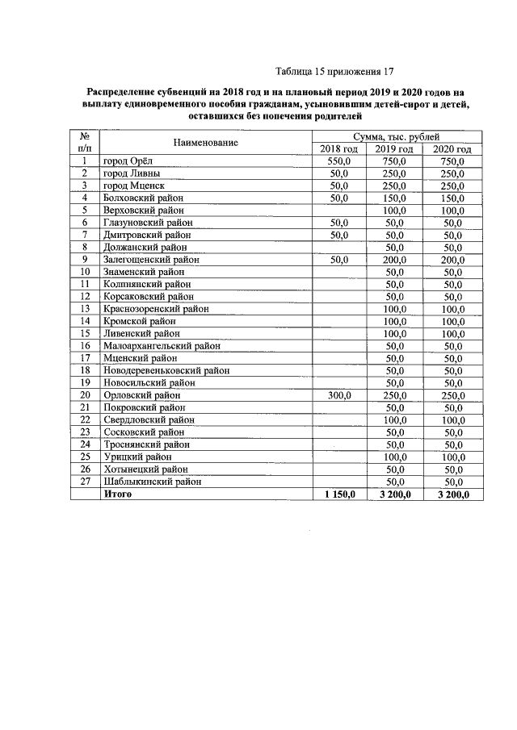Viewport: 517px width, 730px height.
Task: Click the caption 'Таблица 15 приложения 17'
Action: pos(334,71)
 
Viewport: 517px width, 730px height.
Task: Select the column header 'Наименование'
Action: pos(205,143)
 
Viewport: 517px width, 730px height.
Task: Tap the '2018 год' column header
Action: pos(338,149)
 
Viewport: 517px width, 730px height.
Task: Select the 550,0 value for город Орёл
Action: pos(338,161)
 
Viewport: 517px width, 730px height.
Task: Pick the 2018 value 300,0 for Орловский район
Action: pos(338,395)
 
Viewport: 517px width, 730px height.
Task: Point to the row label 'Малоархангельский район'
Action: pos(162,345)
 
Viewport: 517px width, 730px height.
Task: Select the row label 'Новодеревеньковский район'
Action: pos(166,370)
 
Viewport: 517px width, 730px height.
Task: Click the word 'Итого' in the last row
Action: pos(118,494)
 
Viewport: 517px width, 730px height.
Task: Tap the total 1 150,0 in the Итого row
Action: pos(339,494)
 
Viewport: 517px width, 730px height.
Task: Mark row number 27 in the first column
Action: pos(84,482)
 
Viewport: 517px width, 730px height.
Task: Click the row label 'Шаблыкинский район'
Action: pos(153,482)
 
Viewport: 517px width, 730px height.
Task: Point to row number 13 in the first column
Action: pos(84,309)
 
